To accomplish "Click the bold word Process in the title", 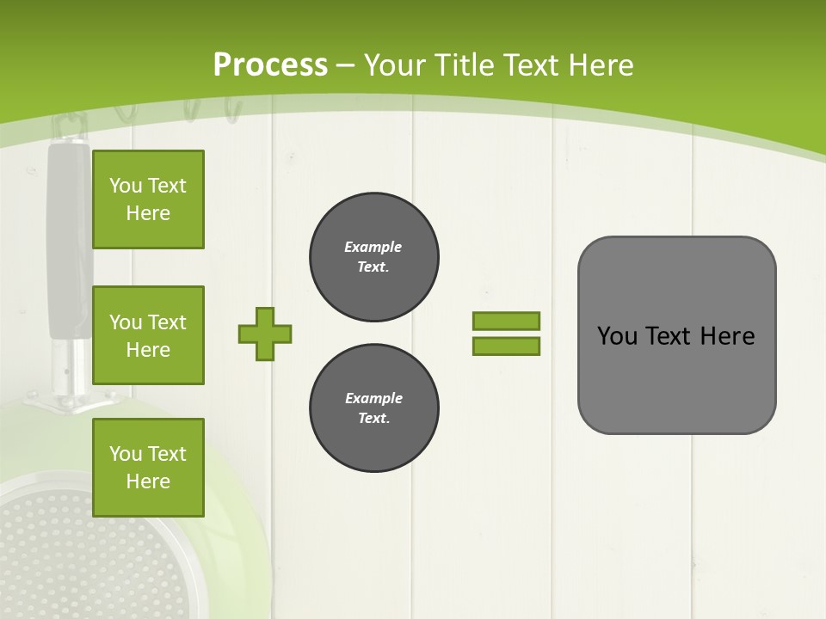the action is pyautogui.click(x=270, y=65).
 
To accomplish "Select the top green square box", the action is pyautogui.click(x=148, y=199).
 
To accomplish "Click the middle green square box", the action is pyautogui.click(x=148, y=335).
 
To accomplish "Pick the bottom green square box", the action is pyautogui.click(x=148, y=467).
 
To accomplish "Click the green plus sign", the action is pyautogui.click(x=265, y=334).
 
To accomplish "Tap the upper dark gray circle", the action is pyautogui.click(x=373, y=257).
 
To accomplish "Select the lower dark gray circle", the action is pyautogui.click(x=373, y=408).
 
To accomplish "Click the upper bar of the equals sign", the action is pyautogui.click(x=507, y=321).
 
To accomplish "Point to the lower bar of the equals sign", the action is pyautogui.click(x=507, y=346).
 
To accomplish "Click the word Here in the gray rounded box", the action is pyautogui.click(x=727, y=336).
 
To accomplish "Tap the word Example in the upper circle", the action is pyautogui.click(x=373, y=247).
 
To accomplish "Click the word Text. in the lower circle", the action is pyautogui.click(x=373, y=419).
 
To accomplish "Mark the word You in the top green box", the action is pyautogui.click(x=126, y=186).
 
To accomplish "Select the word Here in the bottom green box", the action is pyautogui.click(x=148, y=481).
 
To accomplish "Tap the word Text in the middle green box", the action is pyautogui.click(x=166, y=322).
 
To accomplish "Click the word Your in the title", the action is pyautogui.click(x=397, y=65).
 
